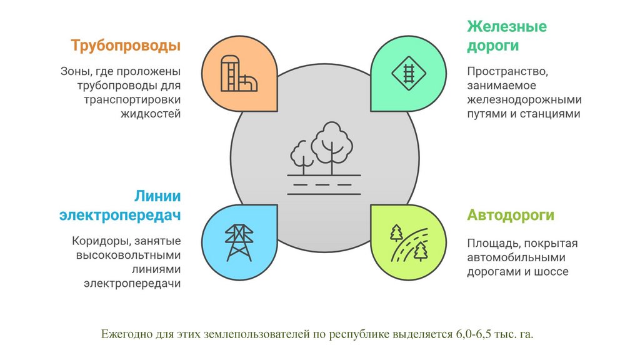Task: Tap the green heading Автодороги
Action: pyautogui.click(x=511, y=216)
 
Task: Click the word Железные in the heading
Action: pyautogui.click(x=507, y=27)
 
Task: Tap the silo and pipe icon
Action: pyautogui.click(x=238, y=75)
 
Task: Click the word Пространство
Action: pyautogui.click(x=507, y=71)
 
